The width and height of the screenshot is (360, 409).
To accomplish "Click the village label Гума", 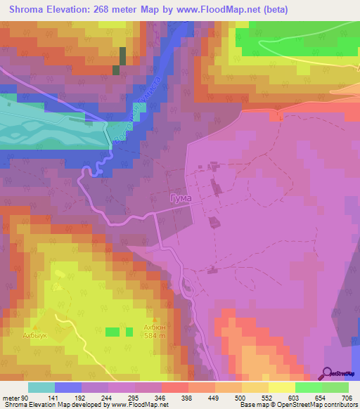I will point(181,199).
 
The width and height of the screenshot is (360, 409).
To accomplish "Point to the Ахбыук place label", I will point(34,336).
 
